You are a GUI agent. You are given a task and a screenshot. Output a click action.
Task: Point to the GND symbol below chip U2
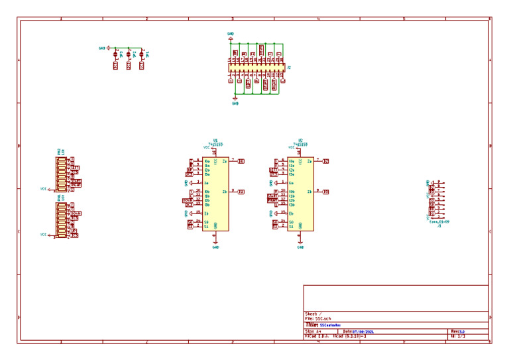click(x=300, y=246)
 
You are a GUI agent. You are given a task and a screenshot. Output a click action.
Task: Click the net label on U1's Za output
click(x=241, y=161)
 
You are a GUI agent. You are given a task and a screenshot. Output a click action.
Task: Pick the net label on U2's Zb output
click(x=326, y=192)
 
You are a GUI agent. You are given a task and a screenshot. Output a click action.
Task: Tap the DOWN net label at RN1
click(x=76, y=213)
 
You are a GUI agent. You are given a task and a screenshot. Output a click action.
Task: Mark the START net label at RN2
click(x=76, y=180)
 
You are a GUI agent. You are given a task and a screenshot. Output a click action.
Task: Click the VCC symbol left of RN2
click(x=43, y=189)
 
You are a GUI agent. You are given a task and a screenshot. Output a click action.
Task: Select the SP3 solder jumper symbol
click(x=115, y=55)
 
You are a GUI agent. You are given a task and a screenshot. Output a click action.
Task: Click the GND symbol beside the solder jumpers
click(x=102, y=48)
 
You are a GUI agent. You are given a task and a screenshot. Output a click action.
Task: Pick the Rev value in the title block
click(x=462, y=331)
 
